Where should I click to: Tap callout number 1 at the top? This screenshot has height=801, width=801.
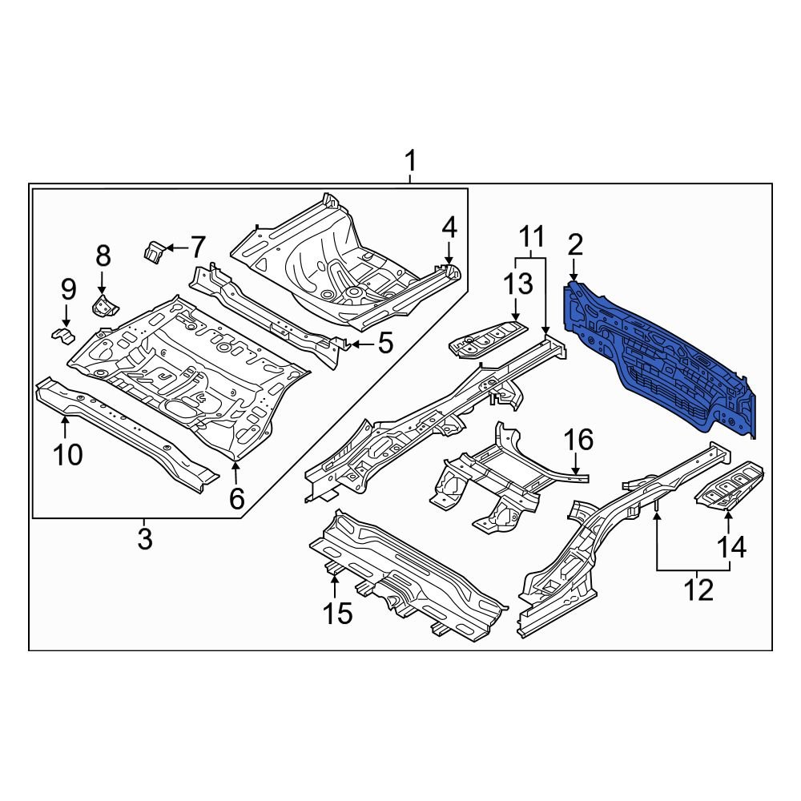click(x=410, y=163)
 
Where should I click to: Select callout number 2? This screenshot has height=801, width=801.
click(x=575, y=246)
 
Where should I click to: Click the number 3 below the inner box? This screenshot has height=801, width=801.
click(x=144, y=539)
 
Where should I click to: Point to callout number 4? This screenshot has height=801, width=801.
click(x=449, y=228)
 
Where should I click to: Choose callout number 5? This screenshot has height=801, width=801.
click(x=385, y=344)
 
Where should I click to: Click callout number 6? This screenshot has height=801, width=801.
click(x=236, y=498)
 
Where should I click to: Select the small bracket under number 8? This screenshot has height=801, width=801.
click(x=103, y=305)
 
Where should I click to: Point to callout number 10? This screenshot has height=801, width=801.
click(x=68, y=455)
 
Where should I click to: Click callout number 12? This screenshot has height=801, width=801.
click(x=698, y=591)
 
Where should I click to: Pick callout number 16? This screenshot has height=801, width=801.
click(x=578, y=440)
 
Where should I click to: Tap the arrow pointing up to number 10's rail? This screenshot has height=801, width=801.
click(x=66, y=419)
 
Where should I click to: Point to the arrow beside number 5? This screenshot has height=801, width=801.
click(x=360, y=344)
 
